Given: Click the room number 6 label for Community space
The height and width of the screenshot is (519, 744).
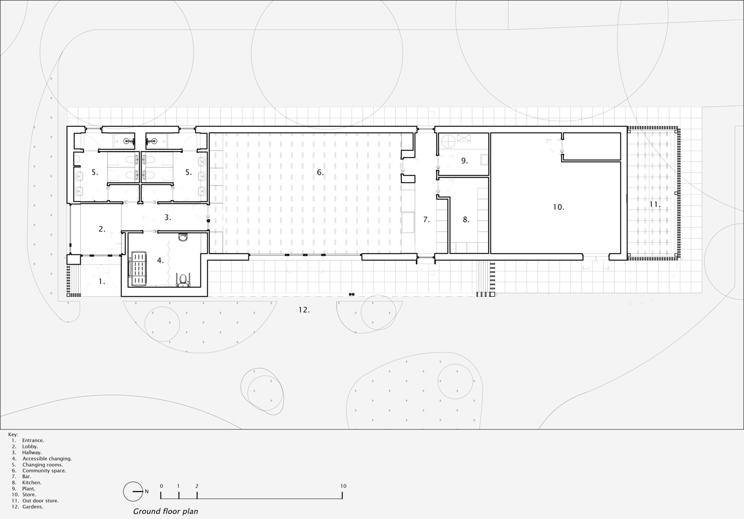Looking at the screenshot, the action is (320, 172).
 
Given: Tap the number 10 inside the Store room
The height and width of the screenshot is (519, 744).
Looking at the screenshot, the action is (558, 207).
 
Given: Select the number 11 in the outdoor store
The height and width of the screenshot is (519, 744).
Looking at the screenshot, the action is (655, 204).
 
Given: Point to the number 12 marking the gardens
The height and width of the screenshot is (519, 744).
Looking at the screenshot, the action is (304, 310).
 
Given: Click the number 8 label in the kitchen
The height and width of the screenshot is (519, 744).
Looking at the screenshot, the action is (466, 220).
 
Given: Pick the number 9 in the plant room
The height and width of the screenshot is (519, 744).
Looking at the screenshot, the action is (464, 161).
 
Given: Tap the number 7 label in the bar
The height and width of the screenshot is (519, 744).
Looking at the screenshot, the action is (426, 220).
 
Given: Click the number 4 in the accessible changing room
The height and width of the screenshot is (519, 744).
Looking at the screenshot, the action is (160, 260).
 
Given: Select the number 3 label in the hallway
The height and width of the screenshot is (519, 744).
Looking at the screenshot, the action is (167, 217).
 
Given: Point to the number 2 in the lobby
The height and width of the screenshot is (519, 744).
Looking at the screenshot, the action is (102, 229).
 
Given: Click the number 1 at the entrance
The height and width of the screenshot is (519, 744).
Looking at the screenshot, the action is (102, 281).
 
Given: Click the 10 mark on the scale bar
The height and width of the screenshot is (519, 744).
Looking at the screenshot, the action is (343, 486).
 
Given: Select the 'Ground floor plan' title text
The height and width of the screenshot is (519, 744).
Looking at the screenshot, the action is (166, 511).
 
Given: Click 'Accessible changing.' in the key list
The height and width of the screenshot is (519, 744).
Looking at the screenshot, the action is (47, 459).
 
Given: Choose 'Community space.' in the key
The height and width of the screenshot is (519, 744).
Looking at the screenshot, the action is (44, 470).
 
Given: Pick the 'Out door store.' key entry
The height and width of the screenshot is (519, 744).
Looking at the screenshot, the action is (40, 501).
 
